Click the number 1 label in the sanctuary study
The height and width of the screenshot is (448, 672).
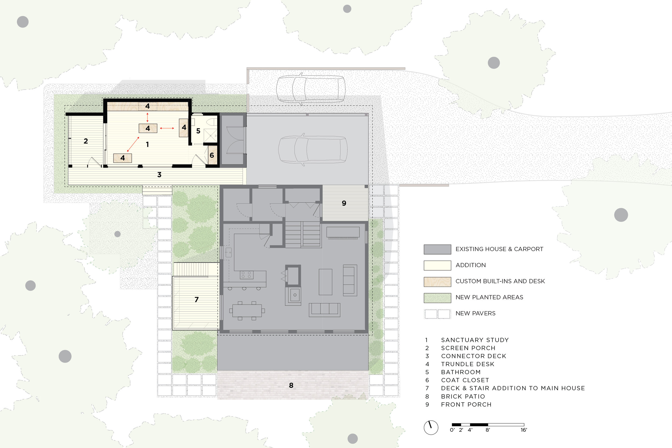[147, 145]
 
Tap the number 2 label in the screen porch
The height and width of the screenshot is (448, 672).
[86, 141]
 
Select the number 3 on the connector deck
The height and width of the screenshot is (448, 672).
[159, 175]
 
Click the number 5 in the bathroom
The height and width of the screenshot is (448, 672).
[198, 131]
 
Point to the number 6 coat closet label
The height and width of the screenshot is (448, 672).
[212, 155]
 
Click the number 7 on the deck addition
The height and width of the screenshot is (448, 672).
[196, 299]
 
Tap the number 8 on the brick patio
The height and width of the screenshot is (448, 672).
[291, 385]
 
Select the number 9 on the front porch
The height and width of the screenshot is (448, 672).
[344, 203]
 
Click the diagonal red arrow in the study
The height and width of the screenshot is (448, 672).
[133, 144]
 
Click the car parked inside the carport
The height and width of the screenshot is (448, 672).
[313, 149]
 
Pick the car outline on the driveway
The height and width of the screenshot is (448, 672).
[311, 89]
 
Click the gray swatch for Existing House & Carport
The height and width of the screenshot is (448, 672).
[437, 249]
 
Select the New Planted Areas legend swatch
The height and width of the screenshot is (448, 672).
[437, 298]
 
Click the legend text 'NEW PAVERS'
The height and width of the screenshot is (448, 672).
[476, 313]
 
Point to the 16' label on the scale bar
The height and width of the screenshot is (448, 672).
[523, 430]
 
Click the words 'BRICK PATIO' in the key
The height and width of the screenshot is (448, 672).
[463, 397]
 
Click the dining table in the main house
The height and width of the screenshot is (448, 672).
[247, 311]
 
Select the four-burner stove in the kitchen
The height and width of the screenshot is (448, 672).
[246, 275]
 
